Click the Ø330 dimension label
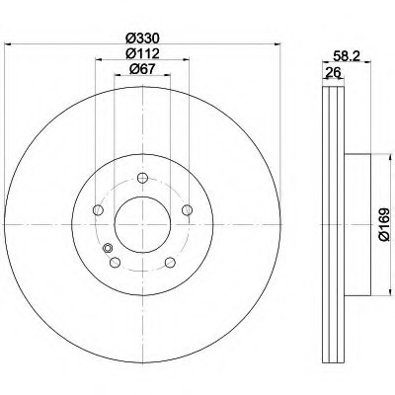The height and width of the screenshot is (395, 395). pos(143,39)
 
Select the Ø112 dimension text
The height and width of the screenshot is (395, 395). pos(143,53)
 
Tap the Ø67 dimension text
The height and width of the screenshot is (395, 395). pos(142,69)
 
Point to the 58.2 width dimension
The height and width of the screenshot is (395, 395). pos(347,56)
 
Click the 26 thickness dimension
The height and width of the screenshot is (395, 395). pos(333,72)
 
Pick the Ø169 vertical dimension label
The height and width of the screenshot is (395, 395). pos(384,224)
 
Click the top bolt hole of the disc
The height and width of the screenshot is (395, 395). pos(142,178)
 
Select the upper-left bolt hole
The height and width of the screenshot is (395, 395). pos(98,209)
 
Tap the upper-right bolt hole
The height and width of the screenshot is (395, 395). pos(187,209)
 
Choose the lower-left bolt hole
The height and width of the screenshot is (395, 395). pos(115,263)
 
